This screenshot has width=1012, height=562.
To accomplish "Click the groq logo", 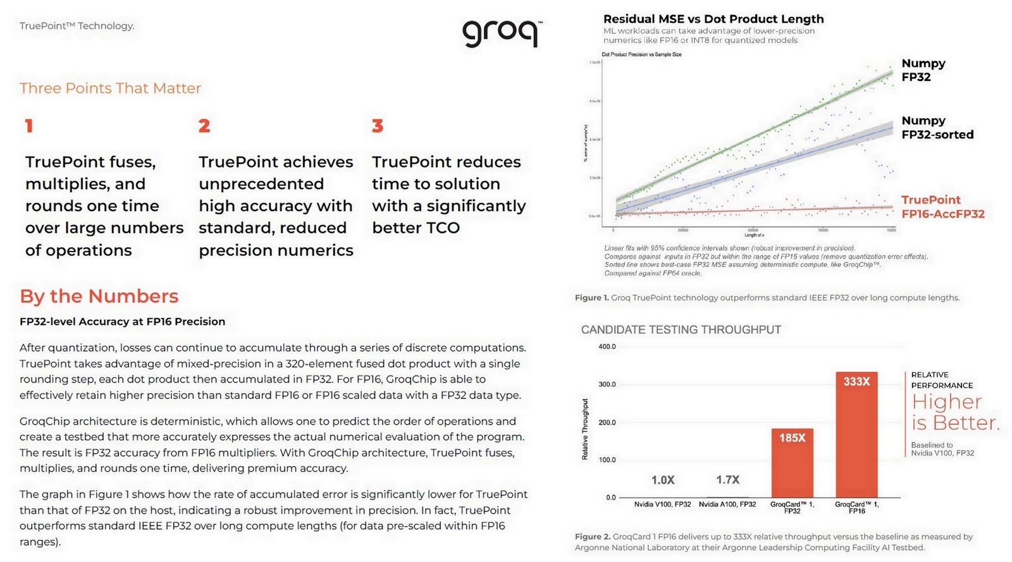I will (502, 32).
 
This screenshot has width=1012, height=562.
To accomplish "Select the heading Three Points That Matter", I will (110, 88).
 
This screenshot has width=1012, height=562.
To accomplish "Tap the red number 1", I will (29, 126).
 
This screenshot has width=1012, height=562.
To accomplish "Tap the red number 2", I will (204, 126).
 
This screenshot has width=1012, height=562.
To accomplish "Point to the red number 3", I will (378, 126).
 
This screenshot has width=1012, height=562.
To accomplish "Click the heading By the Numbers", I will (99, 296).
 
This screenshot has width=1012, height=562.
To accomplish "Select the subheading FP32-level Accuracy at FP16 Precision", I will (122, 321).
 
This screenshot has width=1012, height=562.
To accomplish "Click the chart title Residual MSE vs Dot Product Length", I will (713, 19).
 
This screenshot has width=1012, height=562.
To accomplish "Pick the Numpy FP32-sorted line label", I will (937, 127).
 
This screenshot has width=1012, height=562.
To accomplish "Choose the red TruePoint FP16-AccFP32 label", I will (942, 207).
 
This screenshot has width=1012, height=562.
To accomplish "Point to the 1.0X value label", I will (663, 480).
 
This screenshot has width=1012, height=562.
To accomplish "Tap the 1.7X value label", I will (727, 480).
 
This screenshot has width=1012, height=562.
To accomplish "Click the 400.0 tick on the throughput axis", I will (607, 346).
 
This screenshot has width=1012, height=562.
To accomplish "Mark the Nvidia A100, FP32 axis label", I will (727, 504).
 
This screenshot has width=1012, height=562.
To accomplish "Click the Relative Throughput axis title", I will (585, 429).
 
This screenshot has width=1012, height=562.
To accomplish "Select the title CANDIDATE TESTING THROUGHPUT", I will (681, 329).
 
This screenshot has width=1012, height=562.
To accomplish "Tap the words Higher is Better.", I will (955, 412).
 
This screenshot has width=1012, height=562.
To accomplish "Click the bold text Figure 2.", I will (592, 537).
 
